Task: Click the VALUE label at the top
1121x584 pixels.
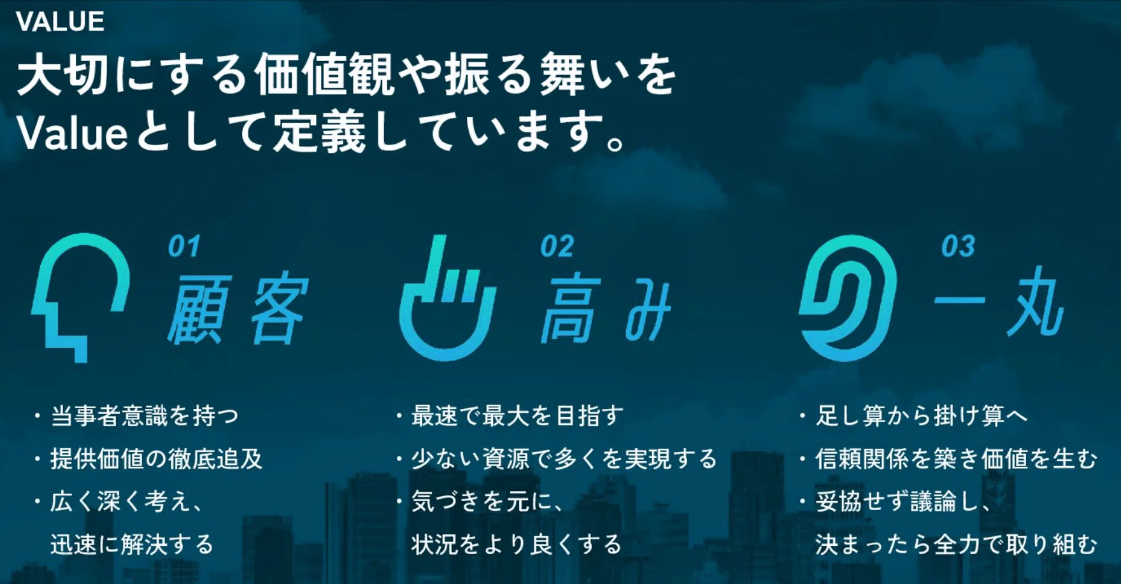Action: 60,22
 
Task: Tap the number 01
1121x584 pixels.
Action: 184,246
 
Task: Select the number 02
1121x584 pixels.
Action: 557,246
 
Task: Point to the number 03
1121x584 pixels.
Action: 958,246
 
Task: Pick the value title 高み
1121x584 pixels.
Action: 606,310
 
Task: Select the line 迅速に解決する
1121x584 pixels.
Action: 132,545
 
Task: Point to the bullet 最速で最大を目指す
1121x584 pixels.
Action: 517,417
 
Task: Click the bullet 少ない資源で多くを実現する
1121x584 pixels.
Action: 564,459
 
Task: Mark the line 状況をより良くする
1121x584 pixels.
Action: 517,545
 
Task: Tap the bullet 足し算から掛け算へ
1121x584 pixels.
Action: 922,417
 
